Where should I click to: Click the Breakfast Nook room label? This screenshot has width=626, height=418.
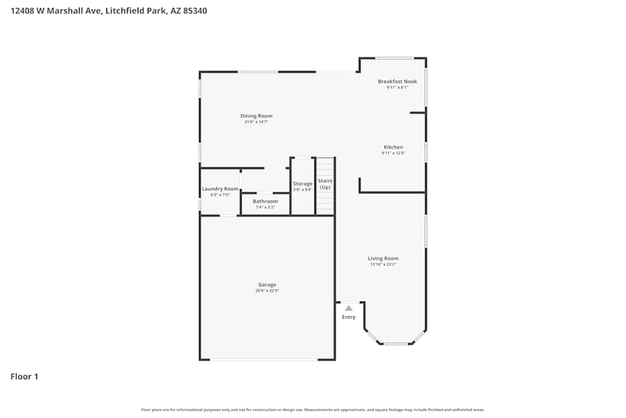(397, 81)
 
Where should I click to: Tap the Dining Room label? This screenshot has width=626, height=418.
(256, 116)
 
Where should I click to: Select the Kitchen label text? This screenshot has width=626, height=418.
(393, 147)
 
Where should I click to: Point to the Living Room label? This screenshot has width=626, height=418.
(382, 258)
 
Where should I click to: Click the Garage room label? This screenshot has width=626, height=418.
(267, 285)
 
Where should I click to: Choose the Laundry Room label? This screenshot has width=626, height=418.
(220, 189)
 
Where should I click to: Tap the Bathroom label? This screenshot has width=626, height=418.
(265, 201)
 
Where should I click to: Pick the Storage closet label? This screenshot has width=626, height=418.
(302, 184)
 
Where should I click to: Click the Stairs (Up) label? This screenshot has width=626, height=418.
(325, 184)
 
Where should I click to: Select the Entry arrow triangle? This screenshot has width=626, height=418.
(349, 308)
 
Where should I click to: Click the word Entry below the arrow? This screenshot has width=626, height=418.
(349, 317)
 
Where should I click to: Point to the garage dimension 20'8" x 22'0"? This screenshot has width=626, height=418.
(267, 291)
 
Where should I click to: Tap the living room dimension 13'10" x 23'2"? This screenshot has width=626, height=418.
(382, 264)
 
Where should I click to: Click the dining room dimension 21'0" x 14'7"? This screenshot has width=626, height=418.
(256, 122)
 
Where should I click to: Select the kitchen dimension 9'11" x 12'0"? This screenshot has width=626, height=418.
(393, 153)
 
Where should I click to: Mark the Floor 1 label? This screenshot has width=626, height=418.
(24, 377)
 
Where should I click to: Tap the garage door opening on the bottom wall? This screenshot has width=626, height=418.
(264, 359)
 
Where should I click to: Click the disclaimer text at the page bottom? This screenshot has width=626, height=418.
(313, 410)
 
